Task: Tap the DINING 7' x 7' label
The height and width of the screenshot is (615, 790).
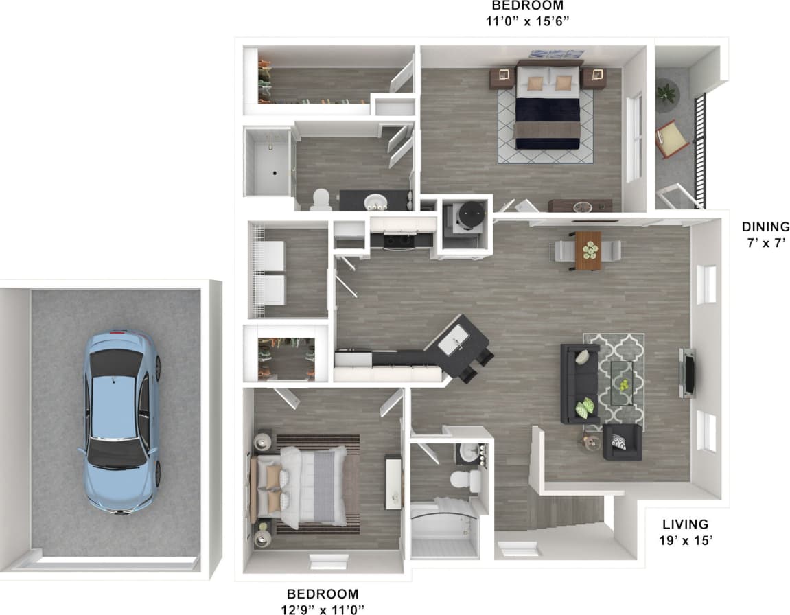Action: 765,234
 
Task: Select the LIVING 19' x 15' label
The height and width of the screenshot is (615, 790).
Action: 685,532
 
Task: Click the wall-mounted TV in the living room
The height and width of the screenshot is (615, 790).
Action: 688,373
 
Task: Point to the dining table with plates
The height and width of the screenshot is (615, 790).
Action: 588,251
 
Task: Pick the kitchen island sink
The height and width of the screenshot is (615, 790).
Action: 452,342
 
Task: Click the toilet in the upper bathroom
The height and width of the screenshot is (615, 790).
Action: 321,199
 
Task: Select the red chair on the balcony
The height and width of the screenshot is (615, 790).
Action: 672,140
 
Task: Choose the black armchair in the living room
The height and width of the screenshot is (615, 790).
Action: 623,443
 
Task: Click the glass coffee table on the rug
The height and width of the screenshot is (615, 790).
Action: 623,383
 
